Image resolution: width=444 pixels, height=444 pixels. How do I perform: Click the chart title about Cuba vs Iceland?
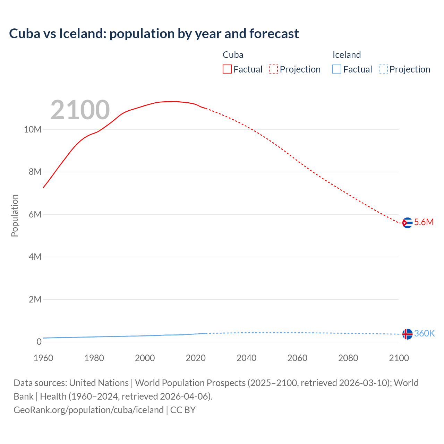(154, 34)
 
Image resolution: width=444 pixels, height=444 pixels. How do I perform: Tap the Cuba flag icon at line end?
(407, 223)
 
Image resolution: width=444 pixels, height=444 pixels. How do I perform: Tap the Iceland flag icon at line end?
(407, 334)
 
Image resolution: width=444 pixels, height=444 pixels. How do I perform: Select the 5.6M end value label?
(424, 222)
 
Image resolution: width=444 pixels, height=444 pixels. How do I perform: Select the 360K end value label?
(424, 334)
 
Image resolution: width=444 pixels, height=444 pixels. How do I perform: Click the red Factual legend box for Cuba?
(227, 69)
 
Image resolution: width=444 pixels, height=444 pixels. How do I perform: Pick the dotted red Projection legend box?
(273, 69)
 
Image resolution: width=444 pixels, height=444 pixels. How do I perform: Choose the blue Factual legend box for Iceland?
(337, 69)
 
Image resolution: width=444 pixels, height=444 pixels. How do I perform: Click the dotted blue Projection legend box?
(383, 69)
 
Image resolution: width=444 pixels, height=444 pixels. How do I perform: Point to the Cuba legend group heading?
(233, 55)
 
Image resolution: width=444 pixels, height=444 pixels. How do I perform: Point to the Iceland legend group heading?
(347, 55)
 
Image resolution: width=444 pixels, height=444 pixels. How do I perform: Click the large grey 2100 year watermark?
(80, 110)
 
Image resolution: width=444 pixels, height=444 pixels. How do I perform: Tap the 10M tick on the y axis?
(33, 130)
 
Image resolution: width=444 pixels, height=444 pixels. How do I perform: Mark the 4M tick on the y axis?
(35, 257)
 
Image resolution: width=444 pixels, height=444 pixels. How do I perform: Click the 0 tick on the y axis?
(39, 342)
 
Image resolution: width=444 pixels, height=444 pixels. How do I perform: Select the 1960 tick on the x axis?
(43, 358)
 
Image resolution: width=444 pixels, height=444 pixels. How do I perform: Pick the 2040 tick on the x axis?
(247, 358)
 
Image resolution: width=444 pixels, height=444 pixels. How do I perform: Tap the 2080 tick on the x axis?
(348, 358)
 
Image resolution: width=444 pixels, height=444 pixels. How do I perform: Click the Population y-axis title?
(15, 215)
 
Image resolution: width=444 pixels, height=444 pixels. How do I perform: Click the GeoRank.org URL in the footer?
(88, 410)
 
